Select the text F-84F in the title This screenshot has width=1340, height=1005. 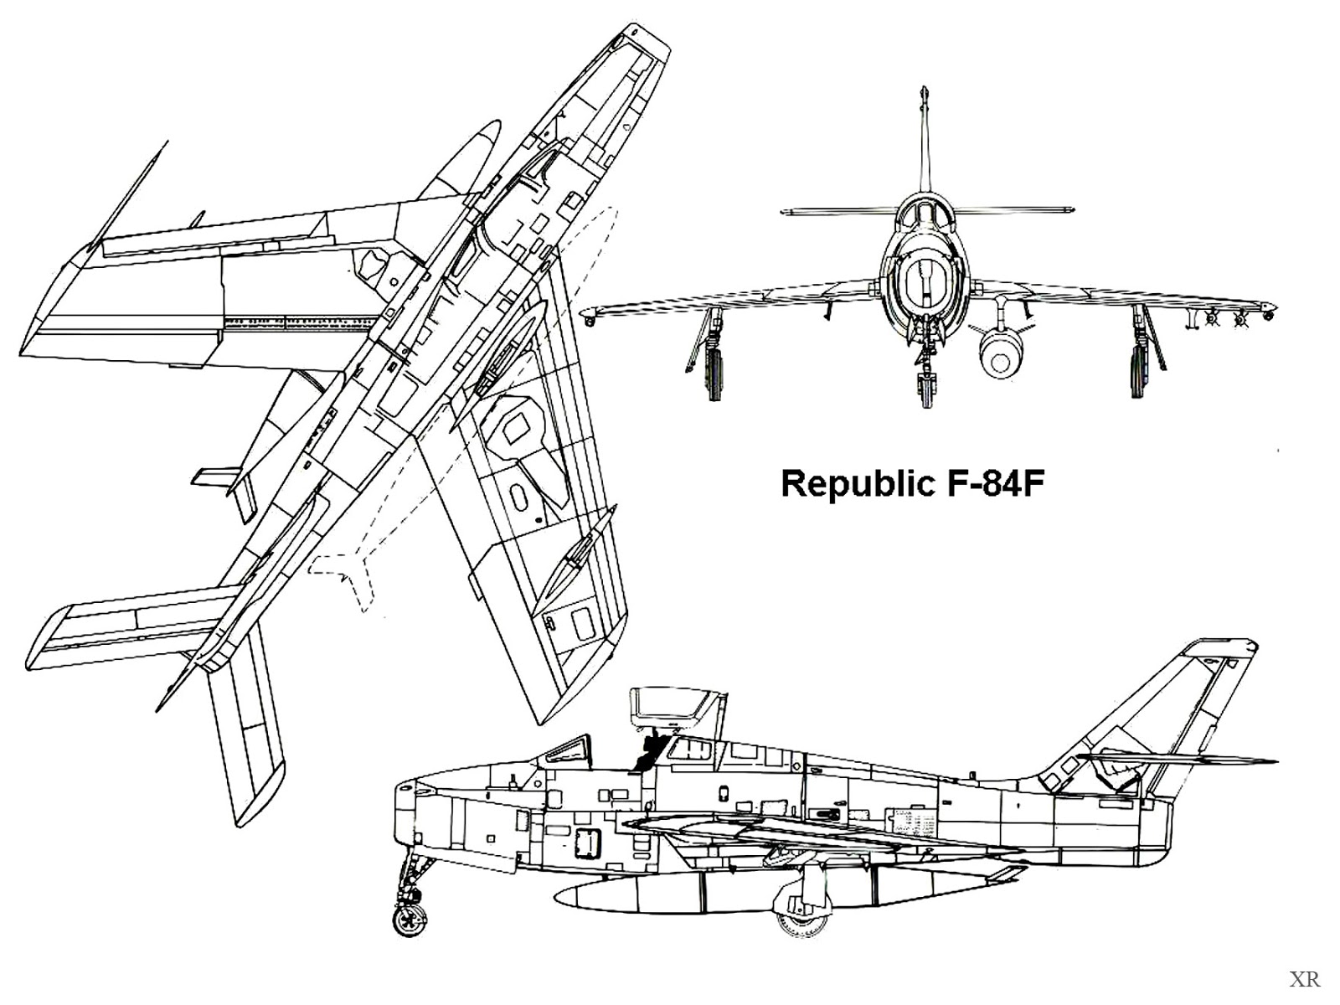coord(997,484)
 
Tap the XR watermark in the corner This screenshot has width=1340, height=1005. coord(1305,978)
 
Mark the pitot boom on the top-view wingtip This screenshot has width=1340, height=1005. coord(132,193)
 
